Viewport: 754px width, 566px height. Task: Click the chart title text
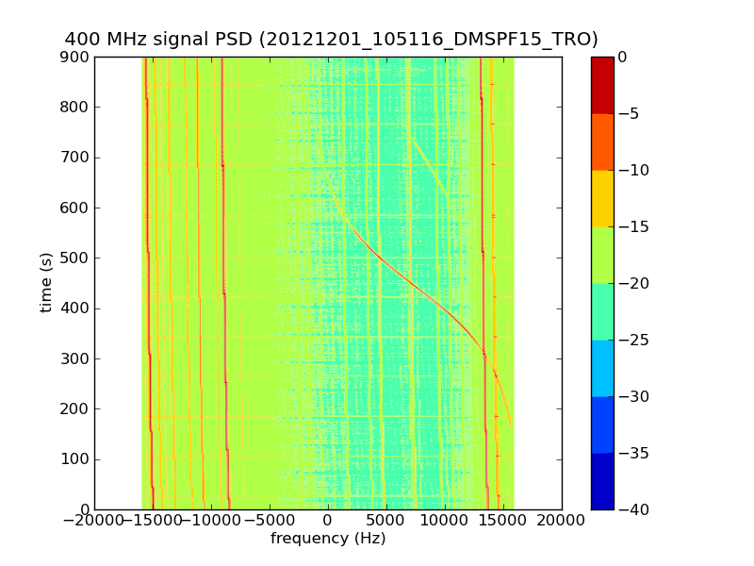(x=331, y=39)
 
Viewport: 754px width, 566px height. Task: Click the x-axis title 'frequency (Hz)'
(x=328, y=539)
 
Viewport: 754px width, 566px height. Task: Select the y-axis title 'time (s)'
(x=45, y=283)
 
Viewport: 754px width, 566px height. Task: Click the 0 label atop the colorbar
(x=622, y=57)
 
